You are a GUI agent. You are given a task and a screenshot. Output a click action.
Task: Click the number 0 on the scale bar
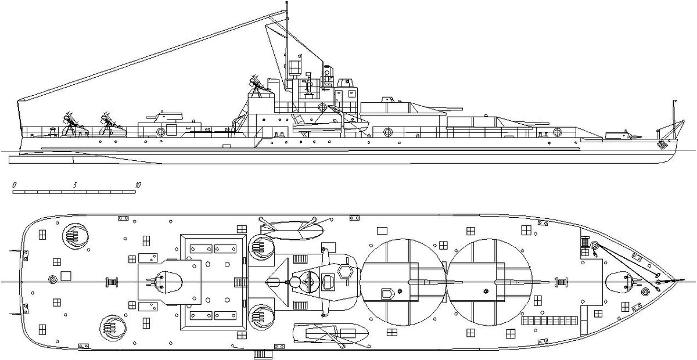click(x=15, y=185)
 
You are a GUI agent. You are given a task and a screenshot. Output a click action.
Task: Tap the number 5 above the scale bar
click(x=75, y=185)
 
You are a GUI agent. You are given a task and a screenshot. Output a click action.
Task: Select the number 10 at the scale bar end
click(x=138, y=185)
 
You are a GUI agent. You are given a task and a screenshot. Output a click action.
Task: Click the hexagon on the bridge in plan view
click(x=345, y=272)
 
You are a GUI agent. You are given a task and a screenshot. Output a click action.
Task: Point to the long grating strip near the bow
click(x=549, y=321)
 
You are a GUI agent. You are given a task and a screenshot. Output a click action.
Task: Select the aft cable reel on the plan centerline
click(x=112, y=282)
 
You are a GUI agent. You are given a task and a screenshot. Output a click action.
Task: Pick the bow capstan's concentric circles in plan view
click(x=646, y=292)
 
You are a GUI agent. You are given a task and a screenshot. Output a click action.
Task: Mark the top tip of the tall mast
click(x=286, y=2)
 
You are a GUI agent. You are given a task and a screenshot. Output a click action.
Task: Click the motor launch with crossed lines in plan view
click(x=330, y=333)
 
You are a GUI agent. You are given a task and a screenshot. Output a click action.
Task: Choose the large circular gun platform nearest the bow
click(x=490, y=282)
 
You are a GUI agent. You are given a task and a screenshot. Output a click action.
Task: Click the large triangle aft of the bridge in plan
click(x=278, y=282)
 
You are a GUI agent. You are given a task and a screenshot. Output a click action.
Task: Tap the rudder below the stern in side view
click(x=41, y=160)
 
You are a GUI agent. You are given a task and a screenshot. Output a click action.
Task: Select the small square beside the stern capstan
click(x=66, y=276)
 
